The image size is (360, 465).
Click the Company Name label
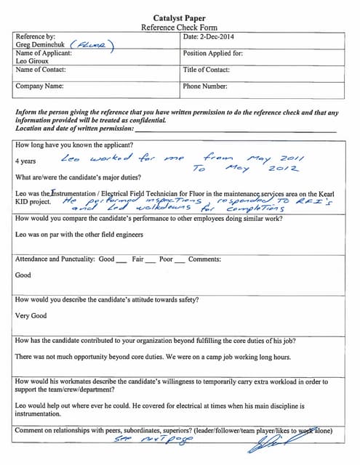point(39,86)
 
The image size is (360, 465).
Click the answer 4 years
point(27,161)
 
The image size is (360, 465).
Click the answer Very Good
point(31,316)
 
